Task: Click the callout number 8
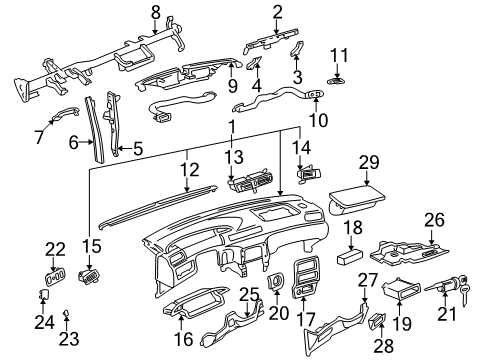[155, 11]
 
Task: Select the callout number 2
[276, 11]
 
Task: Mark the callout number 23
[66, 339]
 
